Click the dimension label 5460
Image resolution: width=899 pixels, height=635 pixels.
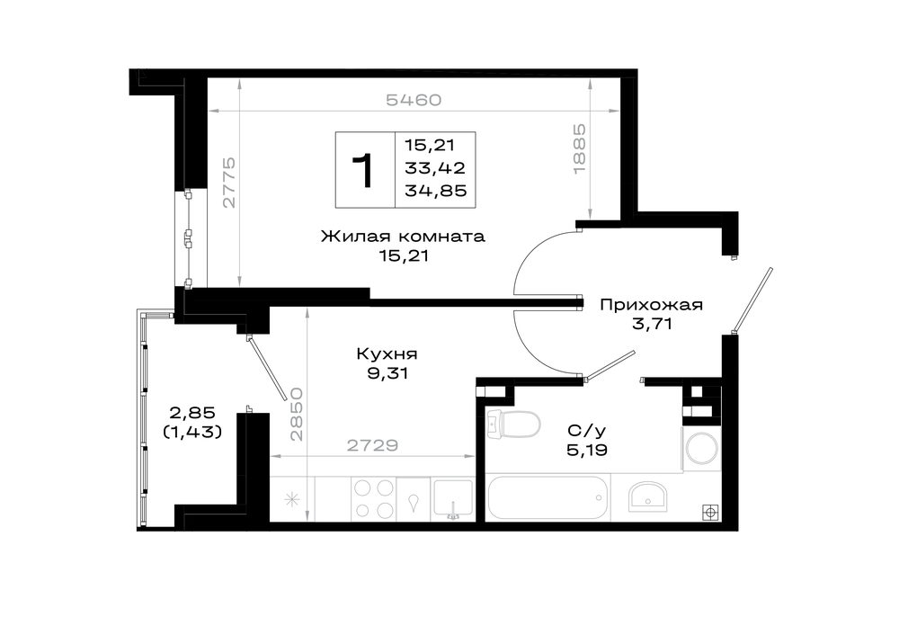pos(414,100)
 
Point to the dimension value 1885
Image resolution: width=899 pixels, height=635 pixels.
pos(579,149)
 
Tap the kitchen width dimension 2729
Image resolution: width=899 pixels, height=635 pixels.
pos(372,445)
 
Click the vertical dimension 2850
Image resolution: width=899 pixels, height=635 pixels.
pos(296,414)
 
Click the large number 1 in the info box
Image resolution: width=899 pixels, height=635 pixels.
pos(363,170)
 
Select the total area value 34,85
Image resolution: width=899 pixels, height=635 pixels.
pos(436,191)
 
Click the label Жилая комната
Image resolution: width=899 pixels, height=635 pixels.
pos(403,237)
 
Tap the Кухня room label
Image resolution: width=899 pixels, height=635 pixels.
pos(387,353)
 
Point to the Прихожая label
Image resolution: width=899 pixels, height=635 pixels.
pos(651,305)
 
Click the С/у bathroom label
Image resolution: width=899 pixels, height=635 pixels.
pos(586,430)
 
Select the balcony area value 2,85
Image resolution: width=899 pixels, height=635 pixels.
pos(192,412)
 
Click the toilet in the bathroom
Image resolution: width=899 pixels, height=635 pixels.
pos(512,425)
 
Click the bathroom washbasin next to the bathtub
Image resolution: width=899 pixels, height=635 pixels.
pos(647,496)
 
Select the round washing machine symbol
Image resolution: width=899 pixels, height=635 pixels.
pos(700,448)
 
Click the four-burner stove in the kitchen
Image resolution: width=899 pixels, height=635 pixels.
pos(373,499)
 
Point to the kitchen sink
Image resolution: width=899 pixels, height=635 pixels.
pos(453,498)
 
